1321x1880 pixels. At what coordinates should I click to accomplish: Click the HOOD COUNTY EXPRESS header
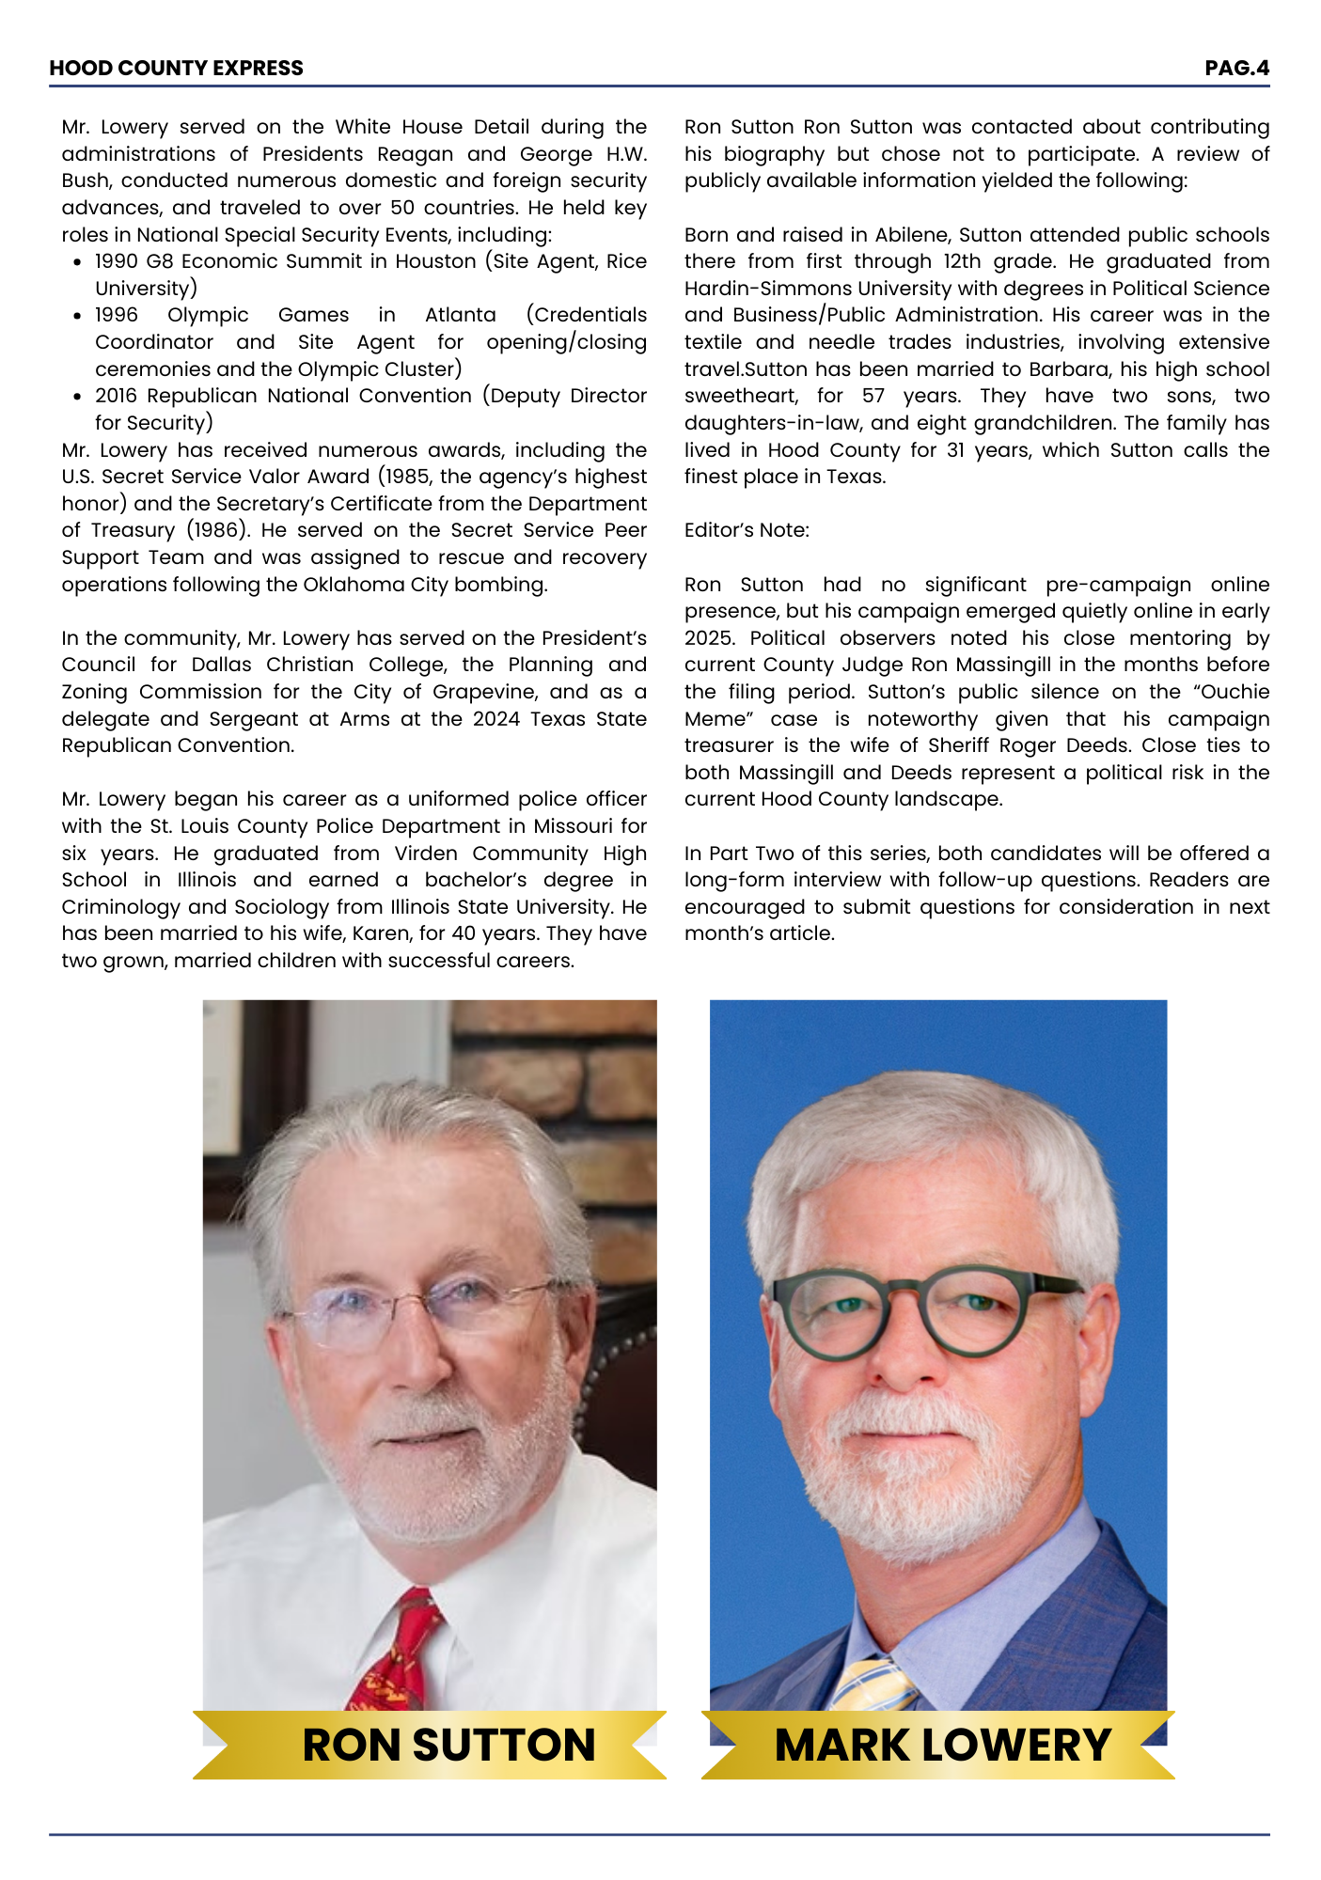point(176,68)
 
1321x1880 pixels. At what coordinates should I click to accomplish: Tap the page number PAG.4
point(1236,68)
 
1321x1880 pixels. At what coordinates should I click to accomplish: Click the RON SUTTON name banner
point(448,1745)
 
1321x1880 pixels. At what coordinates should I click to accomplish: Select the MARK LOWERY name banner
point(942,1745)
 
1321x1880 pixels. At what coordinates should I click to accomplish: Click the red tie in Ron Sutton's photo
point(400,1654)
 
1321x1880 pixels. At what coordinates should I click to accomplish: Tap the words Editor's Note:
point(747,530)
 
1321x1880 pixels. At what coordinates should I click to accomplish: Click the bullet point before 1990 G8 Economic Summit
point(77,262)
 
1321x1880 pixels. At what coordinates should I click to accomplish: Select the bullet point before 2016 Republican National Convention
point(77,397)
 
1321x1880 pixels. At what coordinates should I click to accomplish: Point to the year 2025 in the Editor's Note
point(710,638)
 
